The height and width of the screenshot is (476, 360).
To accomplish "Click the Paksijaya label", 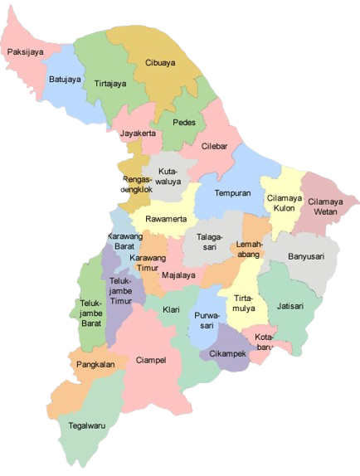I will (x=26, y=51).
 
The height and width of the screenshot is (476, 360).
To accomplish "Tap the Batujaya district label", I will (x=64, y=80).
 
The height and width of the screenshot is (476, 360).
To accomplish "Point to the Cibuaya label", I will (x=160, y=62).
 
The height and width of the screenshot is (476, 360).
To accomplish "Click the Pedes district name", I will (x=184, y=122).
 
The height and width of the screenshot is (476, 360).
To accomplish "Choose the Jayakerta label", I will (x=138, y=133).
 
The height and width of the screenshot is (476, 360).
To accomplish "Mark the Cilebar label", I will (x=219, y=146).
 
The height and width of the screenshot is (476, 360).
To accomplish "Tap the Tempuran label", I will (x=232, y=193).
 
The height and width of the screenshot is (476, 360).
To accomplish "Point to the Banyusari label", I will (x=306, y=256).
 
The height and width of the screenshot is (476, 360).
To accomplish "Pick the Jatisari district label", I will (x=291, y=305).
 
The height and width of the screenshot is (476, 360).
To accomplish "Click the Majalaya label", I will (x=178, y=274).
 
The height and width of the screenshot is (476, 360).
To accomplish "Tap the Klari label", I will (x=171, y=309).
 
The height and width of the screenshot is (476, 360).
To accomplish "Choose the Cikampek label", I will (x=229, y=354).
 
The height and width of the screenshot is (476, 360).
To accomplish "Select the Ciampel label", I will (x=150, y=361).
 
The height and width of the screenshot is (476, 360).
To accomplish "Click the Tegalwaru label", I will (x=88, y=427).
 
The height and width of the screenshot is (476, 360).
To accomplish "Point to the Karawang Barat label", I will (x=125, y=242).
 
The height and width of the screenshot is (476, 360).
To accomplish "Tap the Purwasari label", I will (x=206, y=322).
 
